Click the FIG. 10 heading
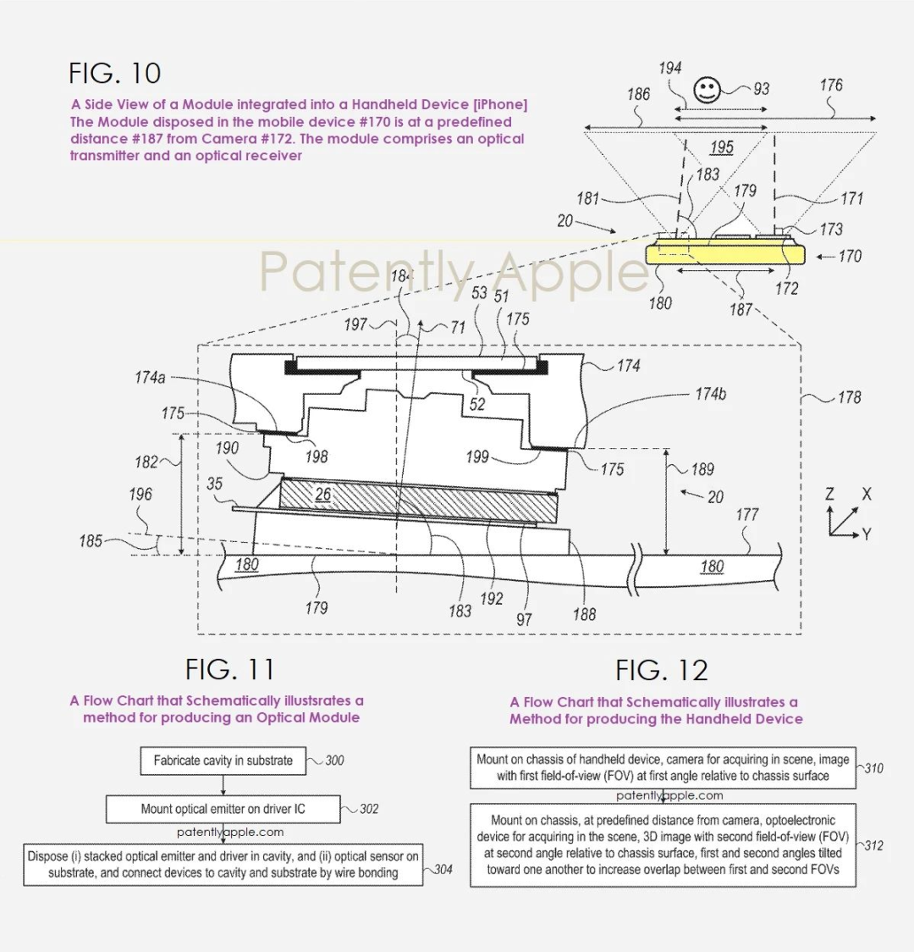115,73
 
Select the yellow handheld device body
724,255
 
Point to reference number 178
849,396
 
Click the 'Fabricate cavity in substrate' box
223,761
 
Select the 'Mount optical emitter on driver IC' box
223,809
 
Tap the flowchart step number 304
443,869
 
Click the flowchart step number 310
873,768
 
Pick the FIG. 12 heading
661,671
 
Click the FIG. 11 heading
230,669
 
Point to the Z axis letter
830,495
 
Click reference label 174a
150,378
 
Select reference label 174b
711,394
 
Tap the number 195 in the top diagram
721,147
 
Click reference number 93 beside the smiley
761,89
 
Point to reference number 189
702,469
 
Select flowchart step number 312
873,845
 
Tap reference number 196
140,494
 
